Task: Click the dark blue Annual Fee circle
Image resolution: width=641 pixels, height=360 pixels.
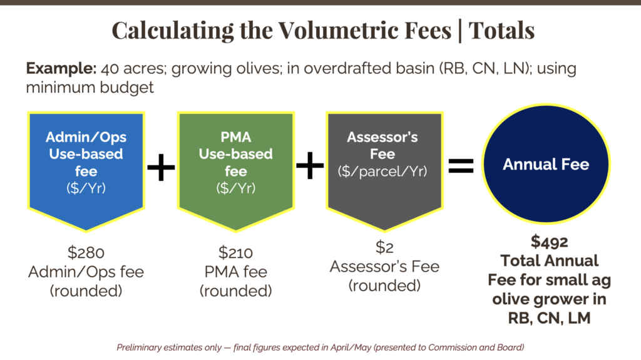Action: [546, 165]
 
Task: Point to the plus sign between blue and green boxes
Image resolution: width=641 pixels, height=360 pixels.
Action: [161, 168]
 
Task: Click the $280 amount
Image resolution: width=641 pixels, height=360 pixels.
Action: [86, 254]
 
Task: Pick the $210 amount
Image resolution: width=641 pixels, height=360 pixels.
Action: [235, 254]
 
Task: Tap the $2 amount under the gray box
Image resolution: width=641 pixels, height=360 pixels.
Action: [384, 248]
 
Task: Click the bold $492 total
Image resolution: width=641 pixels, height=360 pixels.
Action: [546, 242]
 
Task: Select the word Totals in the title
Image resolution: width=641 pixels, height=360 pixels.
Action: [501, 29]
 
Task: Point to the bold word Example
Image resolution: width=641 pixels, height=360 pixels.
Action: [53, 69]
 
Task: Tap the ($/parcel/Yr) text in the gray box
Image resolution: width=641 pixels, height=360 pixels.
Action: [382, 171]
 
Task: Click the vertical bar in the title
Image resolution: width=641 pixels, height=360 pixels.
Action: [460, 29]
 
